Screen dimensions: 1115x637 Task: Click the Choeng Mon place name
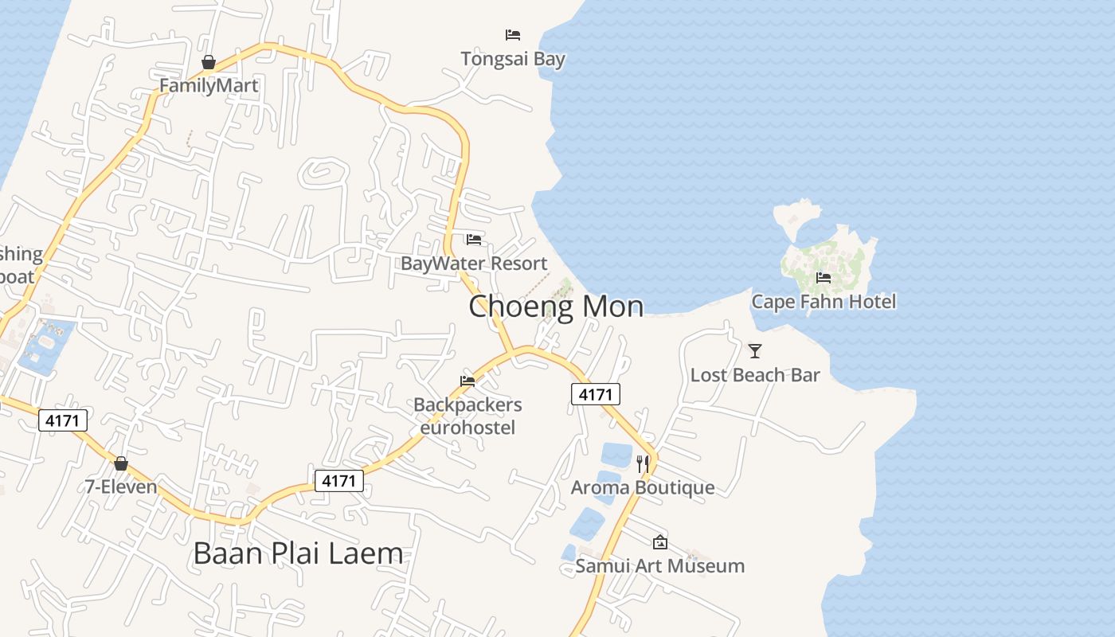pyautogui.click(x=556, y=307)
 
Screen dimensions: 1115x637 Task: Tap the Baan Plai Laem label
pyautogui.click(x=298, y=553)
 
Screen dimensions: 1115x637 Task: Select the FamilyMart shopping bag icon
pyautogui.click(x=209, y=62)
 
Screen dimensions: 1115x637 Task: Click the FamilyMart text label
pyautogui.click(x=209, y=85)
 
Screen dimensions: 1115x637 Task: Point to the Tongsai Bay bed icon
pyautogui.click(x=513, y=35)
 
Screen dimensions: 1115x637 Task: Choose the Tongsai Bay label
pyautogui.click(x=513, y=59)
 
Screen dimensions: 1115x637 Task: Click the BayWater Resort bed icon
pyautogui.click(x=474, y=240)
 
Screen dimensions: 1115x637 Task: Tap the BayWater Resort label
pyautogui.click(x=474, y=264)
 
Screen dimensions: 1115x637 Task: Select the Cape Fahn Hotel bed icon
pyautogui.click(x=824, y=278)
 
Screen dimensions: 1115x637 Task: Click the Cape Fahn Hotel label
pyautogui.click(x=824, y=302)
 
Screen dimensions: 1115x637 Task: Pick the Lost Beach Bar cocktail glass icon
pyautogui.click(x=755, y=350)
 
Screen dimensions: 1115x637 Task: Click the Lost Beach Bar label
pyautogui.click(x=755, y=375)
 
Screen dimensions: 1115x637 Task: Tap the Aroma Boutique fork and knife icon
pyautogui.click(x=643, y=463)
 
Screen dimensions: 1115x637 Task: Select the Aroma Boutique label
pyautogui.click(x=643, y=487)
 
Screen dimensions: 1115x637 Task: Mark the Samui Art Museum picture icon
pyautogui.click(x=660, y=542)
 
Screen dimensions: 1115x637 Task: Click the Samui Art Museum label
pyautogui.click(x=660, y=566)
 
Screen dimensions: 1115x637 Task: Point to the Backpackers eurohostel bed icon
pyautogui.click(x=468, y=381)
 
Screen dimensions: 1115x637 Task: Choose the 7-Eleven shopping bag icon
pyautogui.click(x=121, y=463)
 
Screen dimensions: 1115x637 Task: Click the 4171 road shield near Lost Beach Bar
pyautogui.click(x=595, y=394)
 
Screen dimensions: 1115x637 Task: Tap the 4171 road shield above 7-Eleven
pyautogui.click(x=63, y=420)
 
